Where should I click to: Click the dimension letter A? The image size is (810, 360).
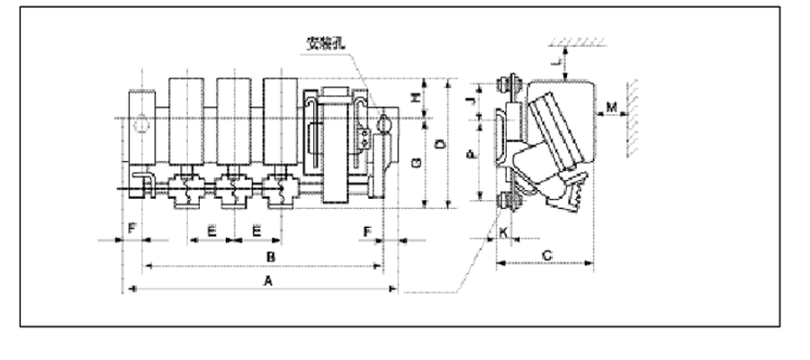click(x=266, y=282)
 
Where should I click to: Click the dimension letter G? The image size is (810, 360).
click(x=414, y=164)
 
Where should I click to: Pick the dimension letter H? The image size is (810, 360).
click(x=414, y=99)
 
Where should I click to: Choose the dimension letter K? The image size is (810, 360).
click(x=503, y=232)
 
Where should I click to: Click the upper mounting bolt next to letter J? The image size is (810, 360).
click(x=508, y=87)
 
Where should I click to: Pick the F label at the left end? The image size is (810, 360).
click(x=131, y=231)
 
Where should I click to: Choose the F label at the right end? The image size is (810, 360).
click(x=368, y=231)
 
